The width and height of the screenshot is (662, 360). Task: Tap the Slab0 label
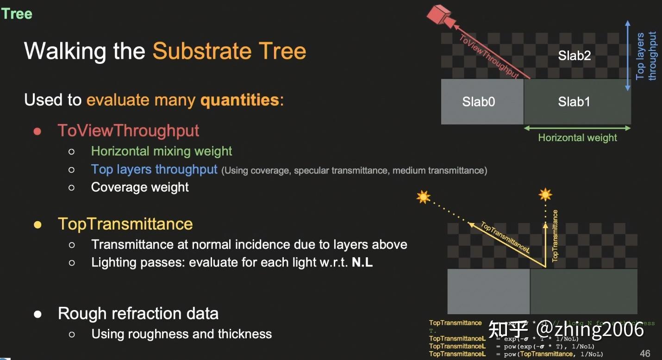(x=478, y=102)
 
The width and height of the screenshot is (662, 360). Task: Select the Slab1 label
(x=574, y=102)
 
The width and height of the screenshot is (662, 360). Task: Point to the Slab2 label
(x=574, y=56)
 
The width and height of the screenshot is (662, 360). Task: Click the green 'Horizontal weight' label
(x=577, y=137)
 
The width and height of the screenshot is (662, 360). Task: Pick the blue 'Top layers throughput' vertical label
(x=646, y=56)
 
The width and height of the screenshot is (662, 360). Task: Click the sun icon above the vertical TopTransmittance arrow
(x=545, y=195)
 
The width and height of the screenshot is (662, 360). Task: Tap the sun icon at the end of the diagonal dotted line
(x=423, y=198)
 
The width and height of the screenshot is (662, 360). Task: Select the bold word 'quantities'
(x=240, y=100)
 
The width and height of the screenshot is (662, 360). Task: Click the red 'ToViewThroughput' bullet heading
(x=128, y=130)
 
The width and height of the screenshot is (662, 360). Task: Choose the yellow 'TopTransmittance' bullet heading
(x=125, y=224)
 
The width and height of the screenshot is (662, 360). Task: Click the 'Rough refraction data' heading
(x=138, y=313)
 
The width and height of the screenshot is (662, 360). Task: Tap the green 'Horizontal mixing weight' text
(x=162, y=151)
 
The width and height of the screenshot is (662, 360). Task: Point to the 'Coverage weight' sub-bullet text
(x=140, y=187)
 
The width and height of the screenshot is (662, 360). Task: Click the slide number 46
(x=645, y=354)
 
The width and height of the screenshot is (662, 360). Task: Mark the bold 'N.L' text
(x=362, y=262)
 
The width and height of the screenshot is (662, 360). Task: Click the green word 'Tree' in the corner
(x=17, y=14)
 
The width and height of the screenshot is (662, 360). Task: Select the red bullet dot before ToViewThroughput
(x=37, y=131)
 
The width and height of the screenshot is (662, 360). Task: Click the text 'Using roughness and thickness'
(x=181, y=334)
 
